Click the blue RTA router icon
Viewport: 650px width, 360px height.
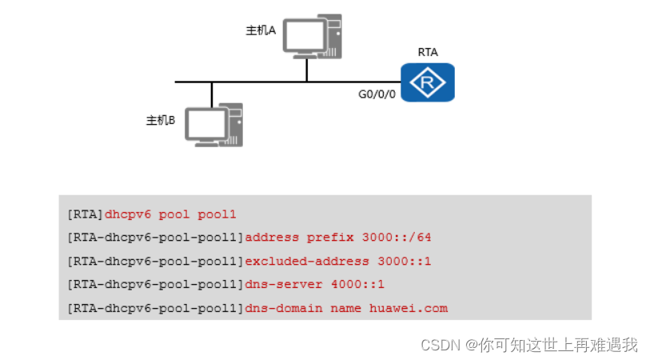(x=427, y=83)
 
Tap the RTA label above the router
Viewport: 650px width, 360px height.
(x=428, y=52)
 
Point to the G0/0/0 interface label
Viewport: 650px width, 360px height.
(x=377, y=94)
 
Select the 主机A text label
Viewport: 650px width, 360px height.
(x=261, y=30)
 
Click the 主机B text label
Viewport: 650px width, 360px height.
(x=160, y=121)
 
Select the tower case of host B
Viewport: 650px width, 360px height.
(x=234, y=124)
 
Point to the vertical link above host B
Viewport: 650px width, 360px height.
(x=212, y=94)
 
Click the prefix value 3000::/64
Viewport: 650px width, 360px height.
(x=397, y=238)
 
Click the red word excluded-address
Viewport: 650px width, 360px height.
(x=307, y=261)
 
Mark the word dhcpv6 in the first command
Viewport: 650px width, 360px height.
(x=128, y=214)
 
